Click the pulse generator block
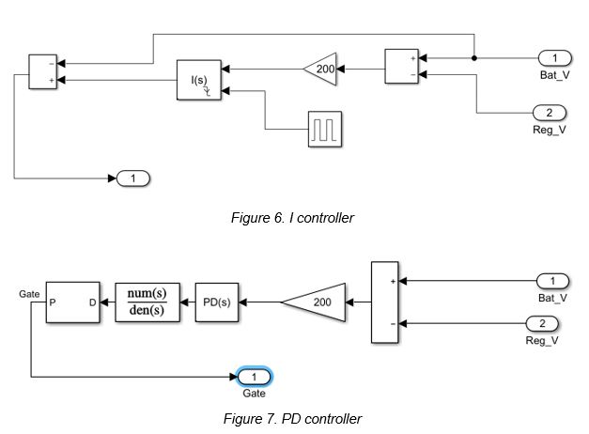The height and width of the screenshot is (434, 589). (x=325, y=128)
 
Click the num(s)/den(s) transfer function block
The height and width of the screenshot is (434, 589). (x=148, y=302)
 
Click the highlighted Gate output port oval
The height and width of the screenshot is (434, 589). (x=253, y=378)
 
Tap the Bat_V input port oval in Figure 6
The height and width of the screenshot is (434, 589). (x=553, y=58)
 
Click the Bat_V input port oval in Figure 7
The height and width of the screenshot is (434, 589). (x=553, y=281)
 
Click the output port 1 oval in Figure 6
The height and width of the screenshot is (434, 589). (x=132, y=177)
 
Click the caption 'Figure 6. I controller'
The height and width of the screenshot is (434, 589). (x=292, y=218)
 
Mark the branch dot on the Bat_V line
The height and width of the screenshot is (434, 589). (x=474, y=58)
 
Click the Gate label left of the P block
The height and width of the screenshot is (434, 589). (x=28, y=294)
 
